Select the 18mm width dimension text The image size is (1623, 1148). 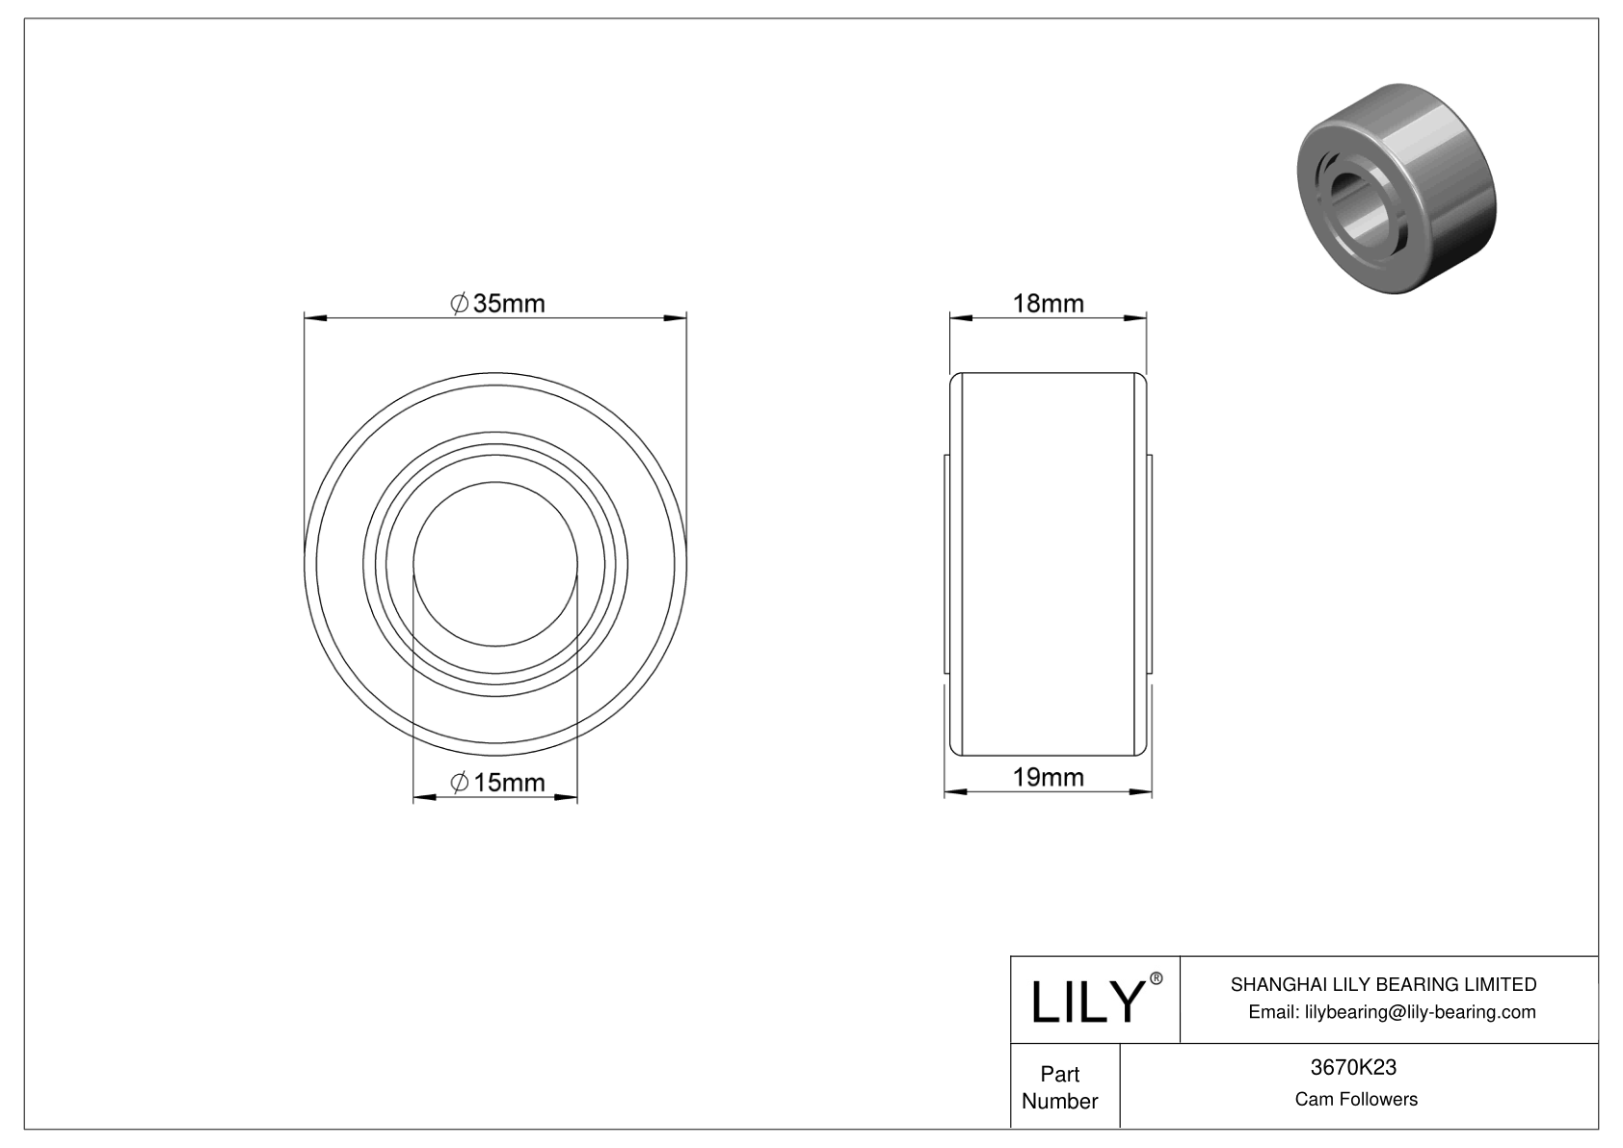tap(1048, 304)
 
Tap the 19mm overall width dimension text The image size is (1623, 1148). tap(1048, 777)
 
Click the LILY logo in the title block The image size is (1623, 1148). tap(1086, 1002)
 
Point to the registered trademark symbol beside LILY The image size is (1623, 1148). tap(1157, 979)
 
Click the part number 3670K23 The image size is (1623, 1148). tap(1355, 1067)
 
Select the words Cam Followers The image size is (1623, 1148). tap(1355, 1099)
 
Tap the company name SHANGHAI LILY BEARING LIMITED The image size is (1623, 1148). tap(1383, 984)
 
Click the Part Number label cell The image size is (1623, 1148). tap(1060, 1087)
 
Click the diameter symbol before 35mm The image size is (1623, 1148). tap(460, 304)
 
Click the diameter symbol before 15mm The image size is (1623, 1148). tap(460, 783)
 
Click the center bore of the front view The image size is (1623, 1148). tap(495, 563)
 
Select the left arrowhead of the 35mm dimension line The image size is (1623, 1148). tap(311, 316)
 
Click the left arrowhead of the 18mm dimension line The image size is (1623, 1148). tap(958, 316)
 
